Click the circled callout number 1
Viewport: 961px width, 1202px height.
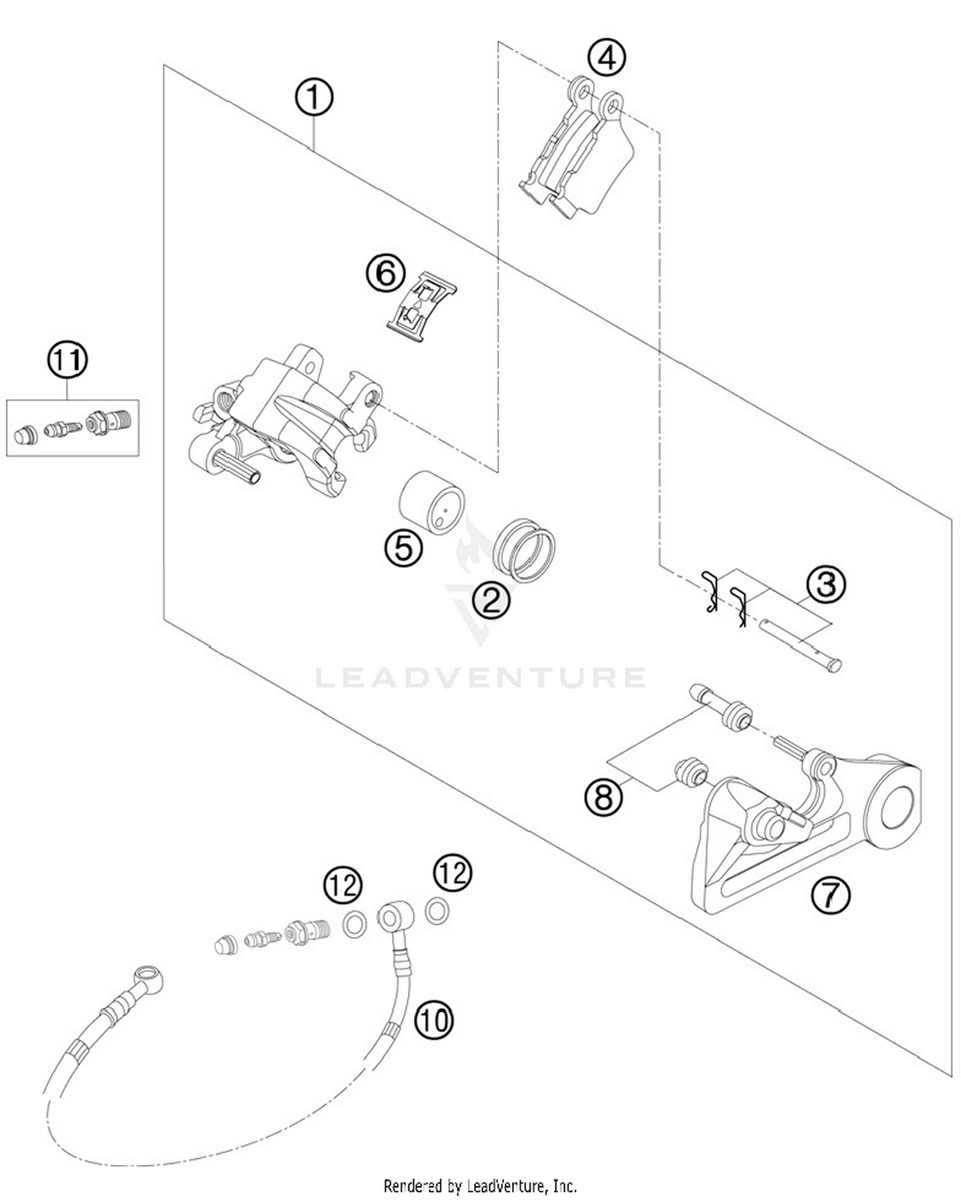click(x=313, y=98)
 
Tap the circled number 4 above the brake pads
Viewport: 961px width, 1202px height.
click(x=606, y=58)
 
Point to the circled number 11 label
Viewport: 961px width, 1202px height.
click(x=67, y=361)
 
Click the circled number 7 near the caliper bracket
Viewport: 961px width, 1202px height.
click(x=830, y=895)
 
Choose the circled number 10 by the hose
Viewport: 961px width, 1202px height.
click(x=434, y=1019)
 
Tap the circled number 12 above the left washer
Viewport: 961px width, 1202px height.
click(x=343, y=886)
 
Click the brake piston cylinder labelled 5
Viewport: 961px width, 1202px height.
click(x=432, y=501)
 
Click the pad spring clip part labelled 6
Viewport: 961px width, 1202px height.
click(x=422, y=307)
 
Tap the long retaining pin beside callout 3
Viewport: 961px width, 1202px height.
click(x=801, y=643)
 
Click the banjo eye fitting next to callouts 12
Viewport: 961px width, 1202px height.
click(x=393, y=918)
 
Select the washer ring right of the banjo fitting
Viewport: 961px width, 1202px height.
click(x=437, y=910)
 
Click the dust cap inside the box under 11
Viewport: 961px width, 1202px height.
click(x=26, y=435)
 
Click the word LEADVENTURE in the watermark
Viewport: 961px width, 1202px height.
click(x=481, y=678)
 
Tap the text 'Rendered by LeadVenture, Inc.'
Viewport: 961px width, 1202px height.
click(x=480, y=1186)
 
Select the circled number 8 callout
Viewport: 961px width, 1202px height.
click(x=604, y=797)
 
